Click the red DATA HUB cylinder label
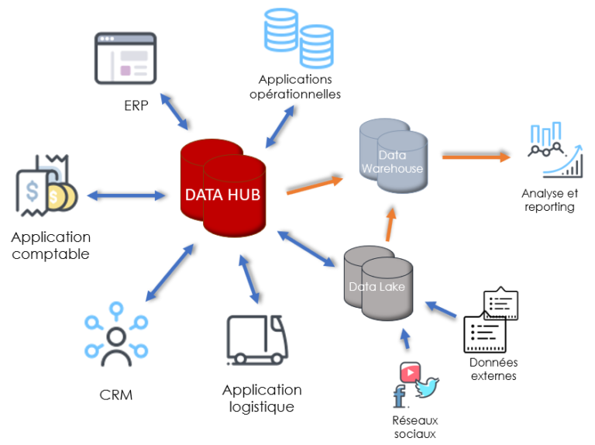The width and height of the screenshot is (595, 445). pyautogui.click(x=222, y=193)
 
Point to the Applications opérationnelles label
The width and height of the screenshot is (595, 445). pyautogui.click(x=300, y=86)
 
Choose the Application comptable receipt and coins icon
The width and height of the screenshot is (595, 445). pyautogui.click(x=46, y=186)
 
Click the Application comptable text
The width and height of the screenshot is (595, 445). pyautogui.click(x=50, y=245)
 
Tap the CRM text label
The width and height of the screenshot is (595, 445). pyautogui.click(x=116, y=395)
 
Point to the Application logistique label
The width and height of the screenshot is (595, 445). pyautogui.click(x=262, y=398)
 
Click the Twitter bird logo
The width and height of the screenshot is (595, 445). pyautogui.click(x=426, y=385)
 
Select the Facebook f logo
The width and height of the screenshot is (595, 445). pyautogui.click(x=400, y=396)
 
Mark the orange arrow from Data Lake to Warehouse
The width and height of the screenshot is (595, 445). pyautogui.click(x=390, y=224)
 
